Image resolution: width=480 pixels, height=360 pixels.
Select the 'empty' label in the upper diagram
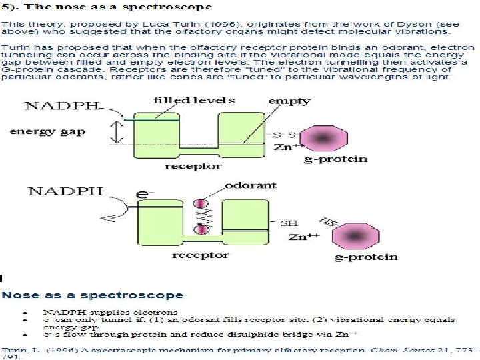coord(289,101)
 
